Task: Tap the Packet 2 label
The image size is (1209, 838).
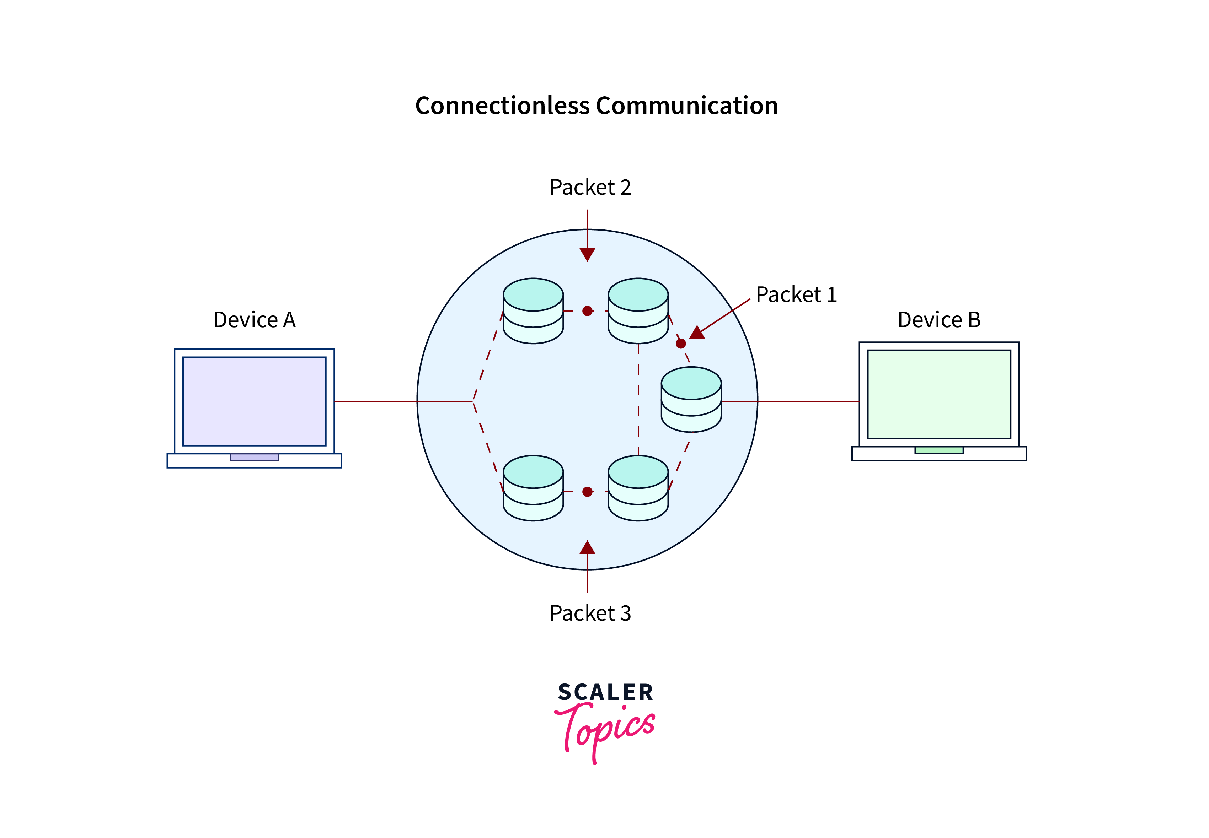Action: (589, 188)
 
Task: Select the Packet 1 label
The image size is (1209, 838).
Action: (796, 294)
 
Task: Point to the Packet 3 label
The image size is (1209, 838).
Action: (589, 613)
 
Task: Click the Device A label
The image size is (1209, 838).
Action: (254, 320)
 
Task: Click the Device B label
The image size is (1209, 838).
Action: (938, 320)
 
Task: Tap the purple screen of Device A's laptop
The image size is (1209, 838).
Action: (254, 401)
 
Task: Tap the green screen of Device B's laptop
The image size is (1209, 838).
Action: (938, 394)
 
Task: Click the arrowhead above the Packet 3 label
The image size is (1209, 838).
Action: (587, 548)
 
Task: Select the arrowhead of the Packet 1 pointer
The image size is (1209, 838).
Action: (697, 333)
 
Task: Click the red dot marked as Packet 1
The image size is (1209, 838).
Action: (680, 344)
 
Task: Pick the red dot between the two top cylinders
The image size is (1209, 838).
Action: (587, 311)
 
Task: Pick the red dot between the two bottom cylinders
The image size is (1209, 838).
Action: (587, 491)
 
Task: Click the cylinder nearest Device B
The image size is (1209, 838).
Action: (691, 400)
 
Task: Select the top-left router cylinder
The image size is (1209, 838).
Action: (533, 311)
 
